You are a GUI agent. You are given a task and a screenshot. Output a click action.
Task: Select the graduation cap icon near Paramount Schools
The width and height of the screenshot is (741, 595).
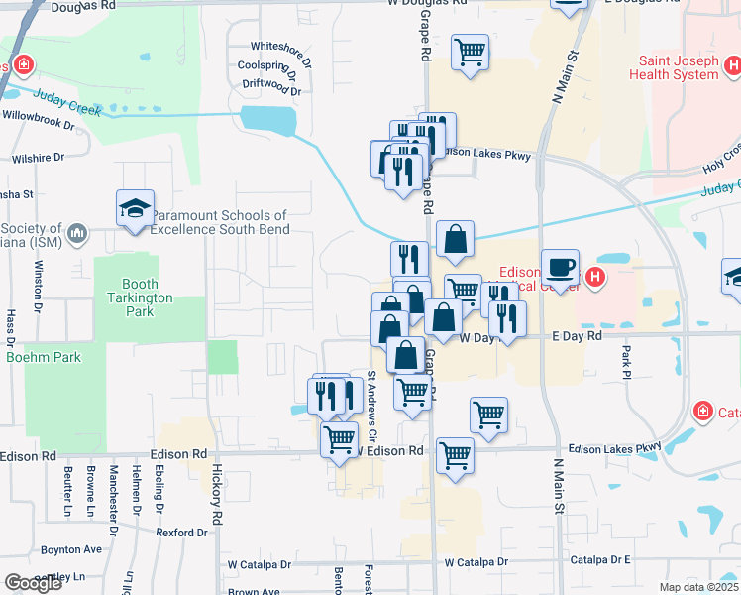[135, 208]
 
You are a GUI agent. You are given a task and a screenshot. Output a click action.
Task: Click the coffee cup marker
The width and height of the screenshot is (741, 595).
[560, 268]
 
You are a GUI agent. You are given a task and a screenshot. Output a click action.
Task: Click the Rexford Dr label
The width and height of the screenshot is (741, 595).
[181, 533]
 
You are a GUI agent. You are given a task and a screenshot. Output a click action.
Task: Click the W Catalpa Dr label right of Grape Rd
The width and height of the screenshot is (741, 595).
[476, 562]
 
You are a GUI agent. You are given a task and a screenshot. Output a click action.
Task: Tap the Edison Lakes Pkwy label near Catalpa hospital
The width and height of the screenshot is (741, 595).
[614, 449]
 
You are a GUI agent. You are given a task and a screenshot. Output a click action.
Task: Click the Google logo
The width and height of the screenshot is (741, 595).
[34, 583]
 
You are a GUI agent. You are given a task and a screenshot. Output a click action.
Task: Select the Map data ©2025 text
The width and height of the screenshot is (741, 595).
[698, 587]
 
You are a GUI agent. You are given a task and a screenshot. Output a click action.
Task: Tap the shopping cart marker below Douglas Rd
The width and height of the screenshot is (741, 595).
[471, 53]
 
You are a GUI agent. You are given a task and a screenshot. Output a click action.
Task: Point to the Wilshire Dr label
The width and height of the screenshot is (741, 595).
[39, 157]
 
